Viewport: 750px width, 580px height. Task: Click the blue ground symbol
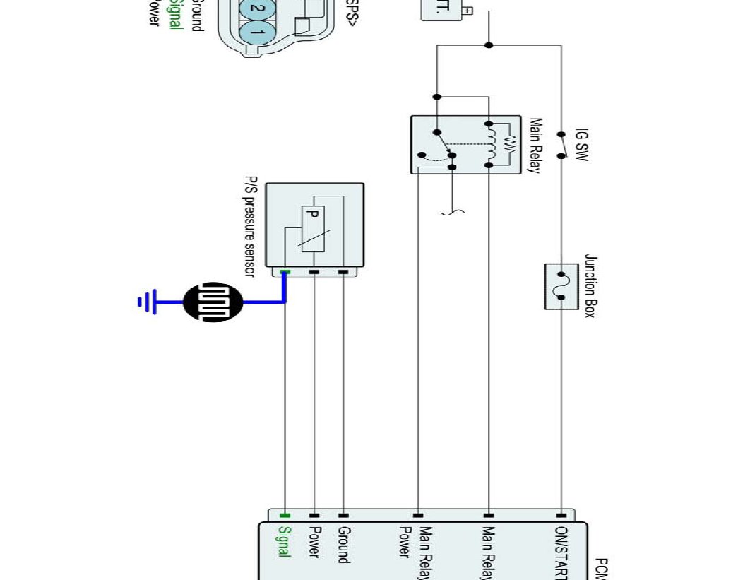(146, 302)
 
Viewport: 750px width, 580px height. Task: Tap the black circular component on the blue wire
(213, 302)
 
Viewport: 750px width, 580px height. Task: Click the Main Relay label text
(535, 146)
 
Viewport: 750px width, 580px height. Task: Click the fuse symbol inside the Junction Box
(562, 285)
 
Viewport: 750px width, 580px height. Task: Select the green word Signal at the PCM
(285, 542)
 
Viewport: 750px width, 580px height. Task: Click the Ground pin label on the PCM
(344, 544)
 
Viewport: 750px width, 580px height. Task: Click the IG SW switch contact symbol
(562, 145)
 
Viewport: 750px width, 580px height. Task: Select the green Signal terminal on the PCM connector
(285, 516)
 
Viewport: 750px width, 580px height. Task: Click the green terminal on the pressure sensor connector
(285, 272)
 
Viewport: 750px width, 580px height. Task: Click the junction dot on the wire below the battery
(489, 45)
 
